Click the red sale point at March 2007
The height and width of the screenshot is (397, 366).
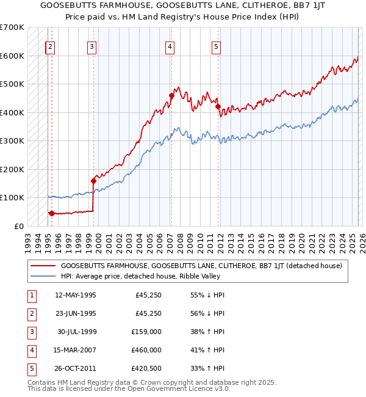(172, 95)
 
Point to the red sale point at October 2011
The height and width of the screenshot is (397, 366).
(218, 106)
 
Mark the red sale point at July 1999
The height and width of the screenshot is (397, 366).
(94, 181)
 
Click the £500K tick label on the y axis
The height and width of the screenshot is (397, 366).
(12, 84)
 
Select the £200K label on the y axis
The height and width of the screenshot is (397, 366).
(12, 169)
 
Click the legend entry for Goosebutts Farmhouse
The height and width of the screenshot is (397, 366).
(201, 266)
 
